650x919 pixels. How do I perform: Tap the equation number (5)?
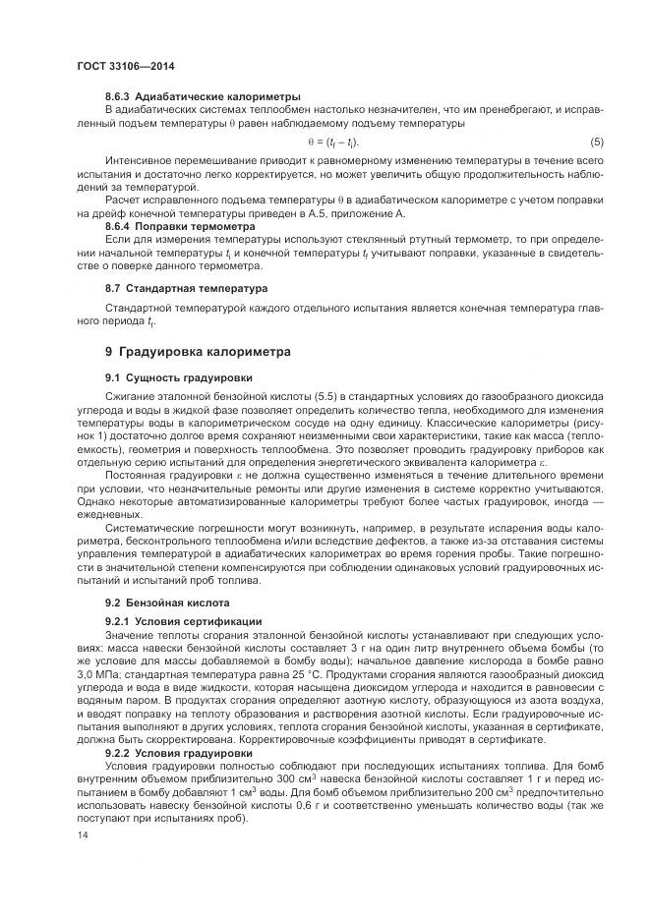pos(596,142)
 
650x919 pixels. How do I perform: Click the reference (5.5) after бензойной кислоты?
pos(312,395)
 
